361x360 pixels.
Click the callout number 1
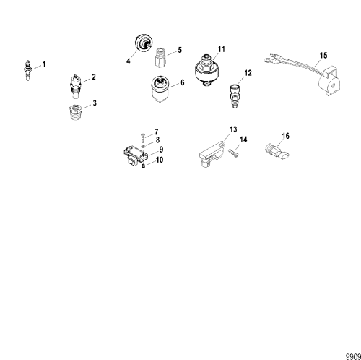(43, 65)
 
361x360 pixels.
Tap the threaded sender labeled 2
(76, 85)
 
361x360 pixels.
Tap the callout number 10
(160, 159)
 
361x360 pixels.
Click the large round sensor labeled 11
(208, 70)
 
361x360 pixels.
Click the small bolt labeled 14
(235, 151)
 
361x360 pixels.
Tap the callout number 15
(323, 56)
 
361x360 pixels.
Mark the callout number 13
(232, 129)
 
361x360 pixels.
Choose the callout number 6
(182, 83)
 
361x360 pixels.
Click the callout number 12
(248, 74)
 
